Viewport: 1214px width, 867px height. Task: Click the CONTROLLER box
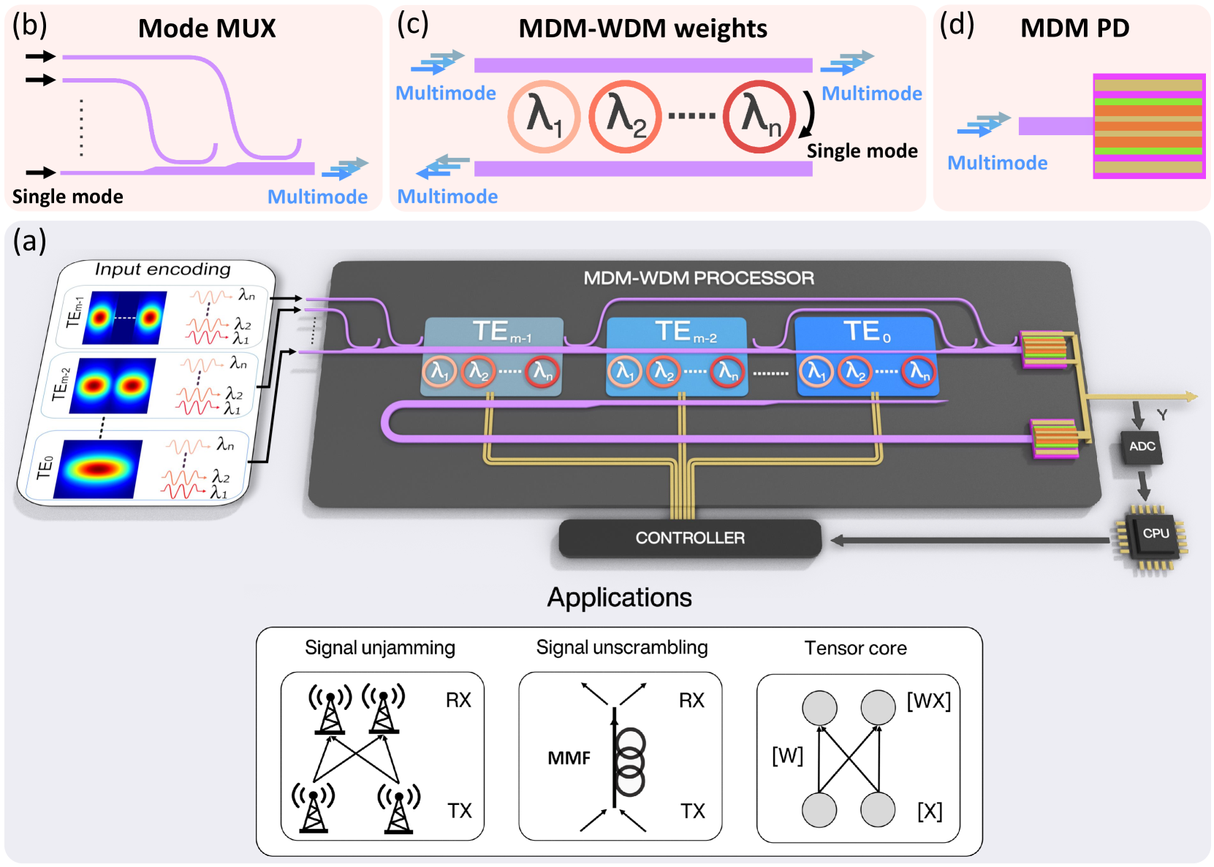(x=689, y=538)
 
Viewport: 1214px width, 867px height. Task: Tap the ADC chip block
(x=1142, y=446)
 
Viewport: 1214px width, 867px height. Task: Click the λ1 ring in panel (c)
(x=544, y=116)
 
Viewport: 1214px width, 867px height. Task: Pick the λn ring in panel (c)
(x=759, y=116)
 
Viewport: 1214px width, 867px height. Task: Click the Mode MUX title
(x=207, y=28)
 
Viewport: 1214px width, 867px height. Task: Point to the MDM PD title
(x=1074, y=28)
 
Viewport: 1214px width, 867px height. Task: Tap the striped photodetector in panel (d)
(x=1148, y=126)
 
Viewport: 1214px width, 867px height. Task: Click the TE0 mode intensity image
(x=98, y=469)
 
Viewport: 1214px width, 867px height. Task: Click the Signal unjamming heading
(x=379, y=648)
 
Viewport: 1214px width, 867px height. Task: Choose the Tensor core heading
(x=855, y=648)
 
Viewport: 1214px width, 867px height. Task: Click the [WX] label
(x=928, y=701)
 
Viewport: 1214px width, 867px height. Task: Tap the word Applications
(x=619, y=597)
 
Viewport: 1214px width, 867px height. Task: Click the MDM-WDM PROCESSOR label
(x=698, y=278)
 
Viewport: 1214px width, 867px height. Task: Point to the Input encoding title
(x=162, y=270)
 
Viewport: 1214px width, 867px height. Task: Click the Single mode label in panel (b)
(x=67, y=196)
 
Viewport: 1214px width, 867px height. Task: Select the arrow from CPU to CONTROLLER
(x=972, y=541)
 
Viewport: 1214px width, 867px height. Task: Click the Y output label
(x=1161, y=415)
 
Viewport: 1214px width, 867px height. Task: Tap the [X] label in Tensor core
(x=930, y=811)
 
